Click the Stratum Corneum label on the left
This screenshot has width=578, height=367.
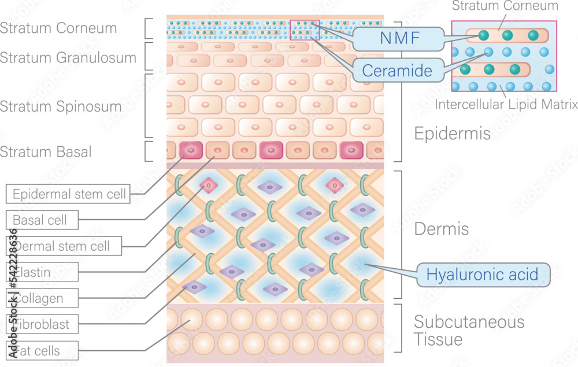tap(58, 28)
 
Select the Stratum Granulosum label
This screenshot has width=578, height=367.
tap(68, 57)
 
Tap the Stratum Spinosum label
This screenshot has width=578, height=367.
tap(61, 106)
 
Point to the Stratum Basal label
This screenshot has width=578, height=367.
tap(46, 152)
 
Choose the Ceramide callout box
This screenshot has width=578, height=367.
tap(397, 71)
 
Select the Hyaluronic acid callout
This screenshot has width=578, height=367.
tap(483, 274)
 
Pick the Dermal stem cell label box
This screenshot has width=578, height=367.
tap(65, 246)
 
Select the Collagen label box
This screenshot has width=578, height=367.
tap(42, 298)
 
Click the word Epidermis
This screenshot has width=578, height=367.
tap(453, 134)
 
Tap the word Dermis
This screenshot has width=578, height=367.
tap(441, 229)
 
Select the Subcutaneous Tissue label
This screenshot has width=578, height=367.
tap(469, 330)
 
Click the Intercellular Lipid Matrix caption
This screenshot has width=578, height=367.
tap(506, 105)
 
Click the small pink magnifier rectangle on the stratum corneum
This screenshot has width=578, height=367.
tap(304, 29)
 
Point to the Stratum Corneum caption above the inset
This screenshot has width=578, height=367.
tap(505, 6)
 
